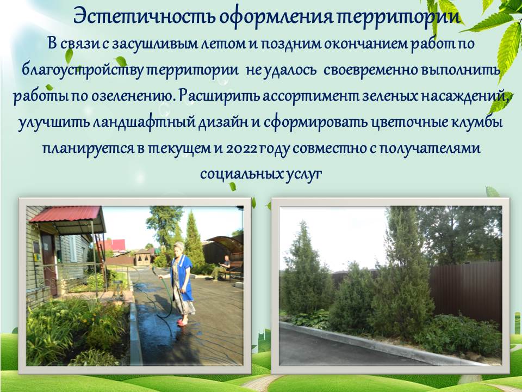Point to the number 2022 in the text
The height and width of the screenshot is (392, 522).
coord(241,148)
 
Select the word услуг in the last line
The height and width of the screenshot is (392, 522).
coord(303,174)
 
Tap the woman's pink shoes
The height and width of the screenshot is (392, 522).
coord(183,322)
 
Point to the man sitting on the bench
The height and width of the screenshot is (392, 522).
coord(222,267)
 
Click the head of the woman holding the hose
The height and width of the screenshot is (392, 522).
coord(179,248)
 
